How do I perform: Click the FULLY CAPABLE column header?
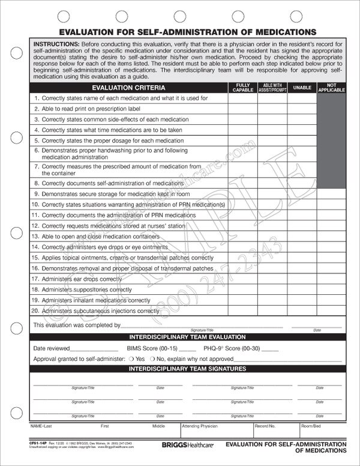[242, 88]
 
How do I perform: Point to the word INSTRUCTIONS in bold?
[56, 44]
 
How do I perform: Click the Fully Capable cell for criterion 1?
[242, 98]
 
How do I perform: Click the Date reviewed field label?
[52, 348]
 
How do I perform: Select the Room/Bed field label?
[311, 425]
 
